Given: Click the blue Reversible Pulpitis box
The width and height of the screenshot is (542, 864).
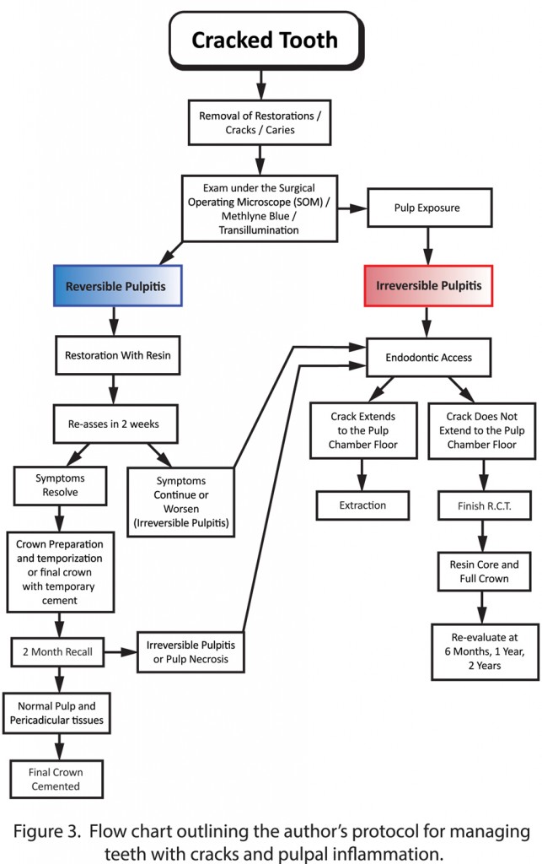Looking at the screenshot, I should [x=117, y=286].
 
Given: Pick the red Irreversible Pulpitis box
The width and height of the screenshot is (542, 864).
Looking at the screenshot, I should [x=427, y=286].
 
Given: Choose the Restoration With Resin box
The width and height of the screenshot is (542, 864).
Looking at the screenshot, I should [x=117, y=355].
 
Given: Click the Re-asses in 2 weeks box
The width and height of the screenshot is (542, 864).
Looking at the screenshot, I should [x=117, y=424].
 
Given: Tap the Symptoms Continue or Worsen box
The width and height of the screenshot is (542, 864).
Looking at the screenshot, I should [x=180, y=501].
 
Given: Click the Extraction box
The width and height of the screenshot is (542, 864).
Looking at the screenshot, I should [x=363, y=505].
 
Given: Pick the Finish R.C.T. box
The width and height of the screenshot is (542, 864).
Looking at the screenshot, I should [x=482, y=507].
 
